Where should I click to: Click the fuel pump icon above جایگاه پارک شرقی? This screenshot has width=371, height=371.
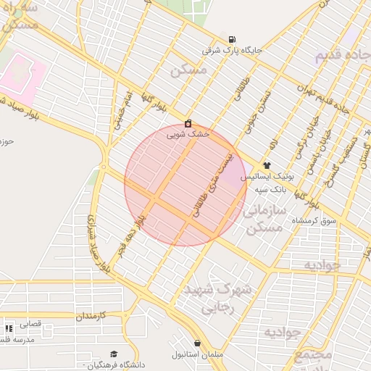pos(231,39)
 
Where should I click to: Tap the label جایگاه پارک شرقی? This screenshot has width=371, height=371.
pos(231,51)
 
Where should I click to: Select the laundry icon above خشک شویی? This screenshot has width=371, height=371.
pos(188,123)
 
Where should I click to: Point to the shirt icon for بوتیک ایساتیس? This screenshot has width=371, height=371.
pos(267,165)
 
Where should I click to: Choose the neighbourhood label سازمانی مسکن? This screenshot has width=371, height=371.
pos(262,220)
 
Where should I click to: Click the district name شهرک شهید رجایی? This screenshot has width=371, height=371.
pos(217,297)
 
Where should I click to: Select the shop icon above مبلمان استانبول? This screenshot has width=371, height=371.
pos(198,343)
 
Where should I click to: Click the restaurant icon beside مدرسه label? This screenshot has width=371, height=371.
pos(9,328)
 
